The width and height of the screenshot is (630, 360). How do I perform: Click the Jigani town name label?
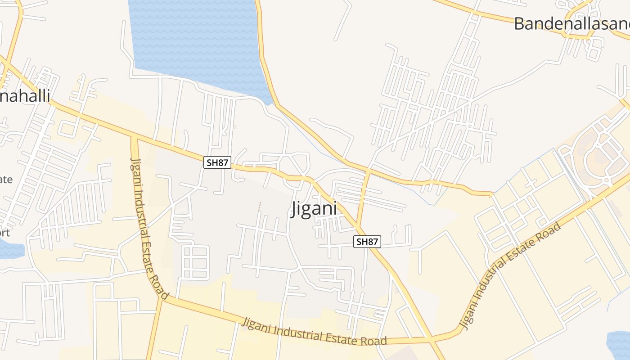[x=314, y=209]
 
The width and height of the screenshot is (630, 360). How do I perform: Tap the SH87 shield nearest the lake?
[x=217, y=162]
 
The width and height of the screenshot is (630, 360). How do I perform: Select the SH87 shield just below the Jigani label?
[x=367, y=242]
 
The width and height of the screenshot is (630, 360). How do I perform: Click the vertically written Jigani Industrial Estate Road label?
[x=148, y=228]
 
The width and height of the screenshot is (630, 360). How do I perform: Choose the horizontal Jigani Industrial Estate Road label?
[x=315, y=332]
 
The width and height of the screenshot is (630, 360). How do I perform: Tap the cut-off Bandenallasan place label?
[x=571, y=24]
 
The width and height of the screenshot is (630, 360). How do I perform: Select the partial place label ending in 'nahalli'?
[x=25, y=95]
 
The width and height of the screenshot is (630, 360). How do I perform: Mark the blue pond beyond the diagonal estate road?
[x=619, y=344]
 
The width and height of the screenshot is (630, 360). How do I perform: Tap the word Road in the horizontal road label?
[x=373, y=341]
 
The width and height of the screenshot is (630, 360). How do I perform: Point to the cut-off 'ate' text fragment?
[x=6, y=180]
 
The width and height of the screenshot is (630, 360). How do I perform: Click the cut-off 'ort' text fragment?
[x=4, y=233]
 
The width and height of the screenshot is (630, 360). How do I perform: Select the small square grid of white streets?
[x=195, y=262]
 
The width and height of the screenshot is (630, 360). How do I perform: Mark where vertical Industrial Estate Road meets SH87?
[x=134, y=137]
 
